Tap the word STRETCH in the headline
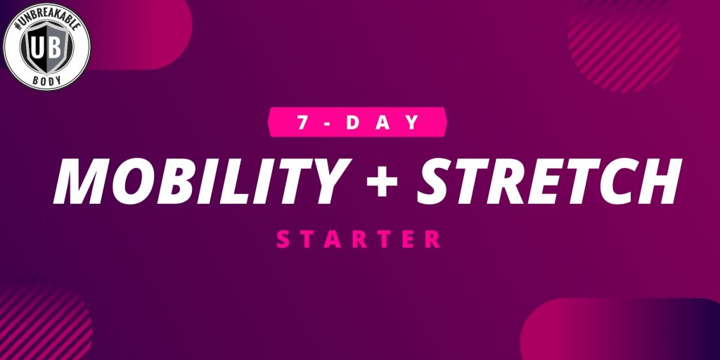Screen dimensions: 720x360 (x=549, y=181)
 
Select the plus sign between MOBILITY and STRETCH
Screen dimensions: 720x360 (x=382, y=181)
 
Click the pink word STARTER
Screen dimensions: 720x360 (x=359, y=240)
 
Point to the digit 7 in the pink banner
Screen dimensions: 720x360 (x=302, y=122)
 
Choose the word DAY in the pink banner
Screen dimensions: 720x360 (x=382, y=122)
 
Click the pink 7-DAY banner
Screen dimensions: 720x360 (x=356, y=122)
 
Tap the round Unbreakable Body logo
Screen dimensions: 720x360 (x=47, y=46)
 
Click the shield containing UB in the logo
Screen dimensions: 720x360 (x=47, y=46)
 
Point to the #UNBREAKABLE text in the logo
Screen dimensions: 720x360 (x=46, y=18)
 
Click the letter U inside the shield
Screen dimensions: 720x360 (x=38, y=46)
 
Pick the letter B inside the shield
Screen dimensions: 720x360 (x=55, y=46)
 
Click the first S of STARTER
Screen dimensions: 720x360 (x=283, y=240)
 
